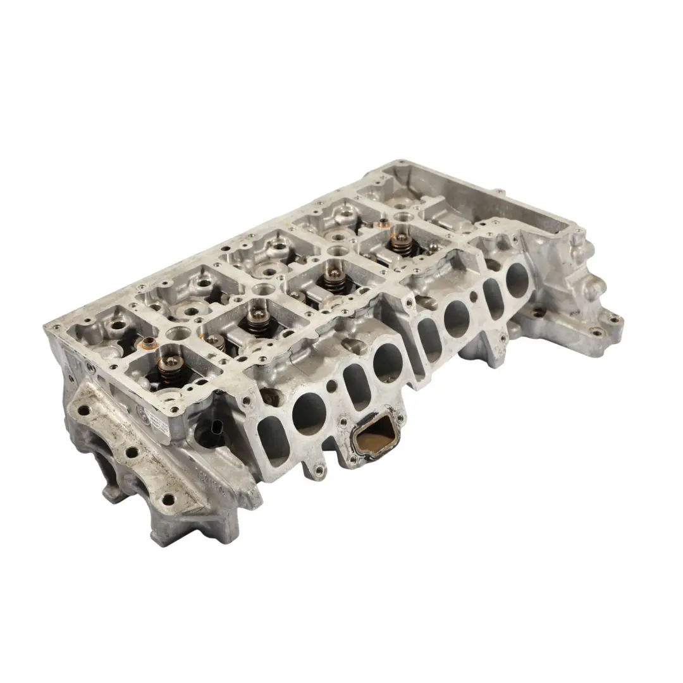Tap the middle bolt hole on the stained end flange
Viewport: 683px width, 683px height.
click(x=132, y=453)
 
